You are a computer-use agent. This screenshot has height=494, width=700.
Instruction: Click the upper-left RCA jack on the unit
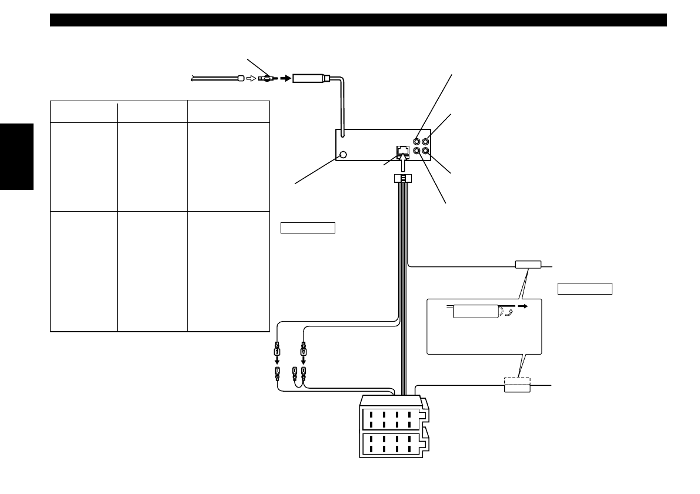tap(417, 142)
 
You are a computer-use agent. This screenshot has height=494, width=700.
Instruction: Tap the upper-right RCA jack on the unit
tap(426, 142)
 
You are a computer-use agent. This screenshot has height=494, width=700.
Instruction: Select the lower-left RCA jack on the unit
tap(417, 151)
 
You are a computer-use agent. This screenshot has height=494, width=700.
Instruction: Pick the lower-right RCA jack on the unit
tap(426, 151)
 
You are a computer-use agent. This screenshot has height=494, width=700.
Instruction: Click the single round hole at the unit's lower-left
tap(344, 155)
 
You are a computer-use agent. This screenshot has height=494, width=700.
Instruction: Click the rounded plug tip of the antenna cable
tap(240, 78)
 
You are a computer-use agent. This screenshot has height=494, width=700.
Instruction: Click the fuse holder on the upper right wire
tap(527, 265)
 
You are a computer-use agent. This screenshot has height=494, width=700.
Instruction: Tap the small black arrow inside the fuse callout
tap(522, 306)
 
